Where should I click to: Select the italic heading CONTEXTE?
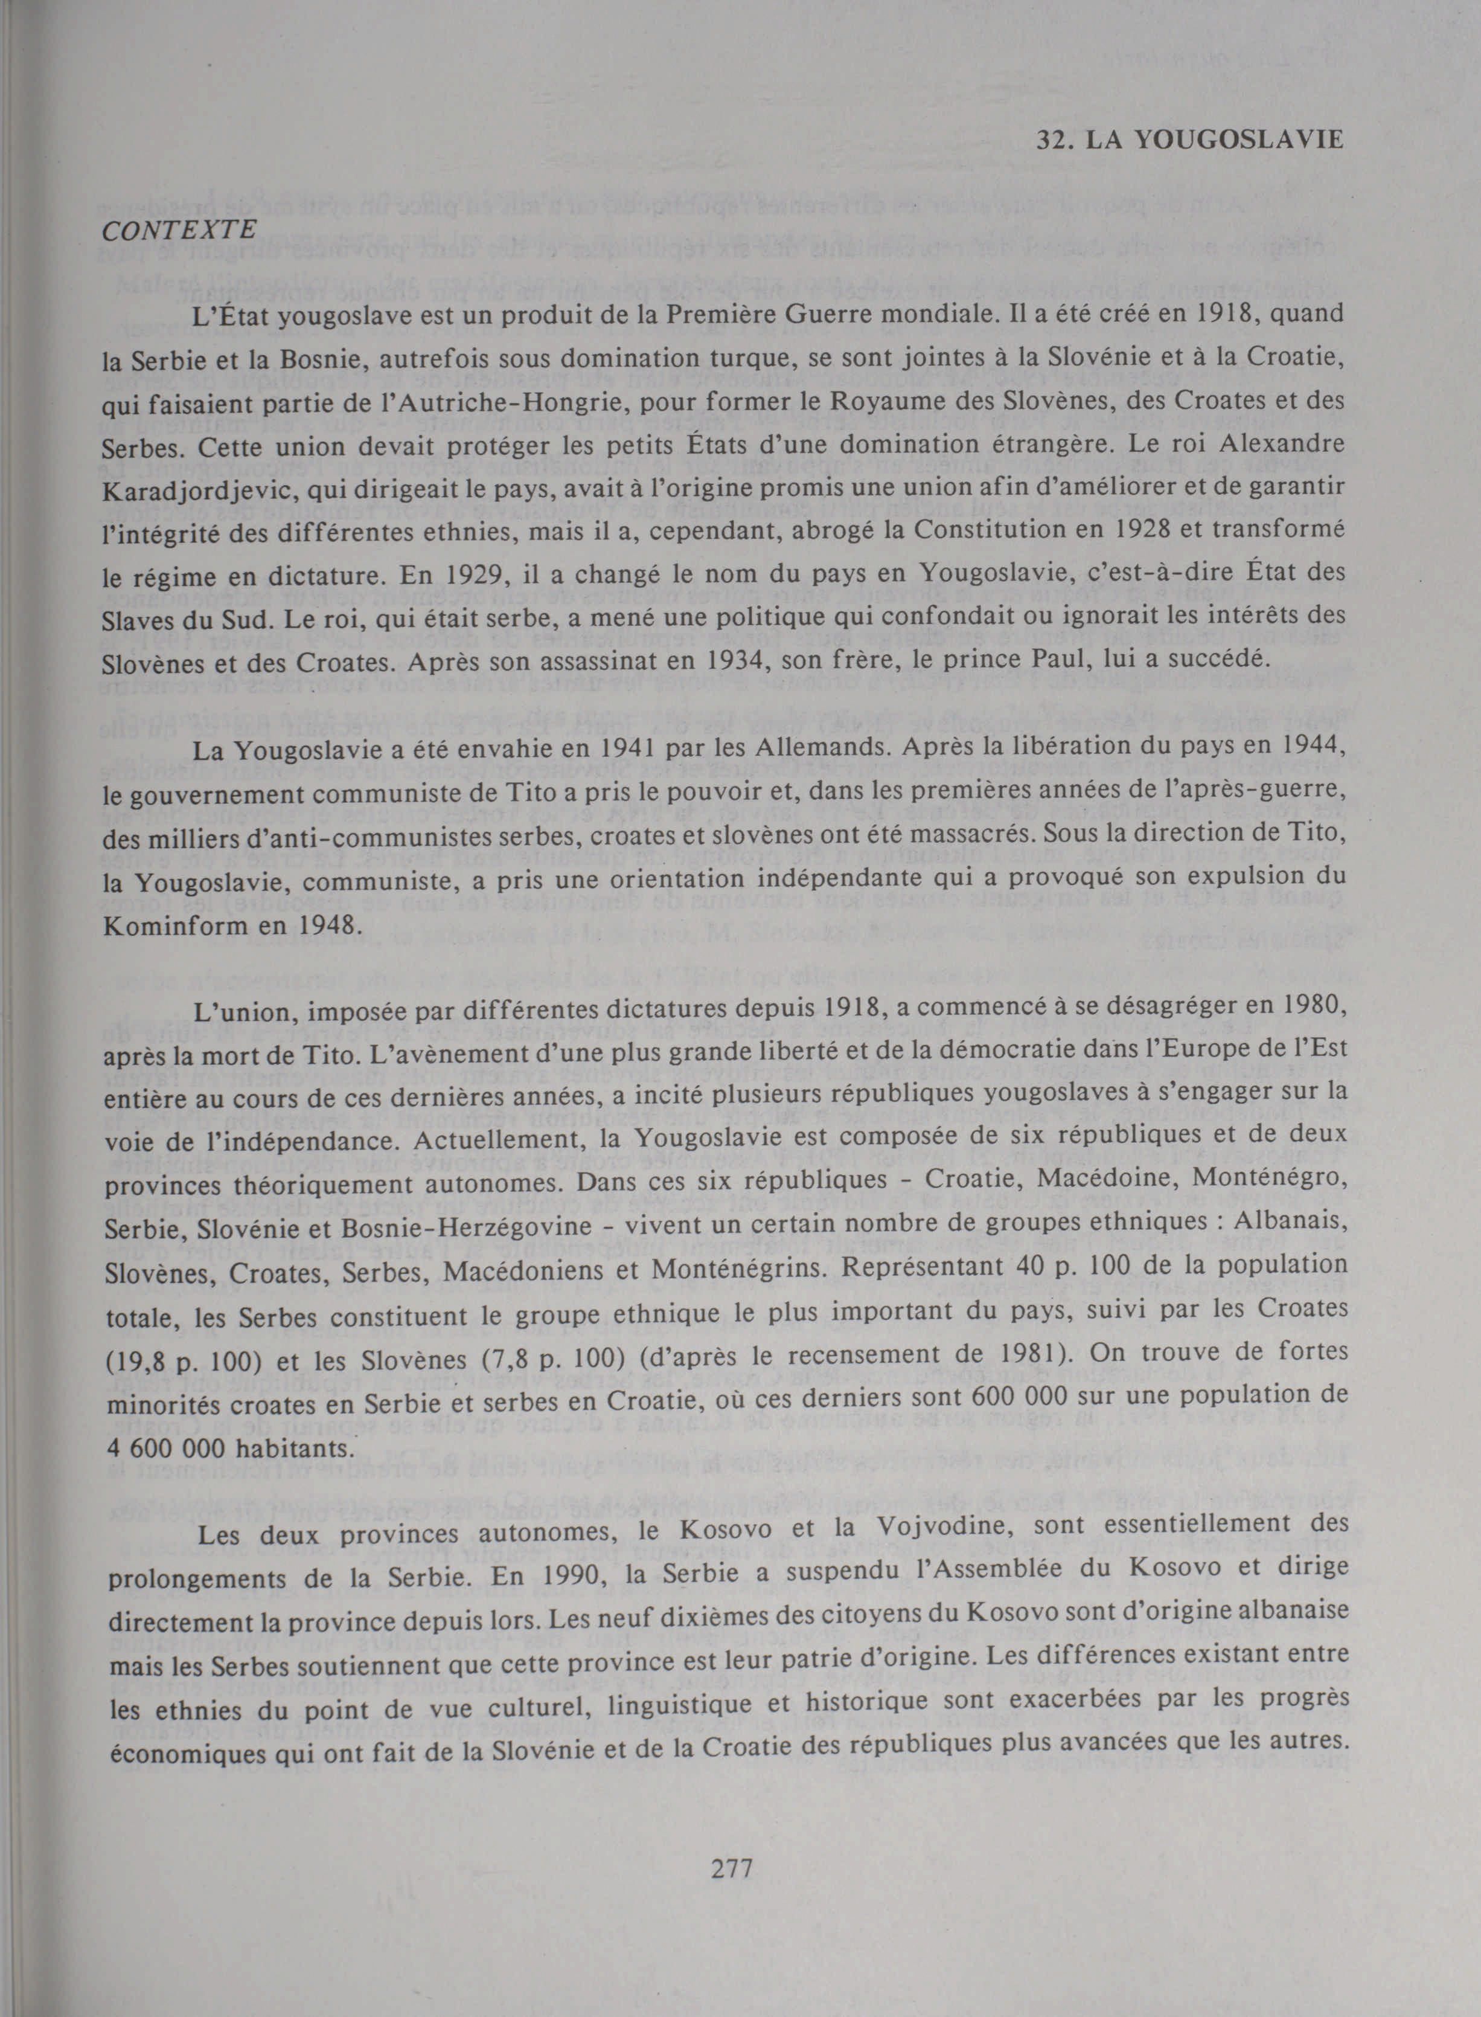(179, 231)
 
